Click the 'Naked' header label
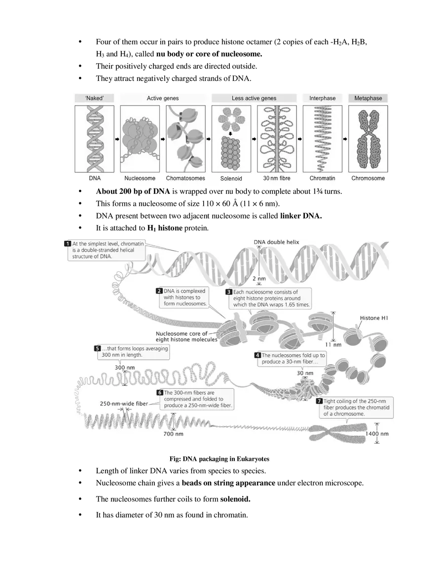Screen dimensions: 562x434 pyautogui.click(x=94, y=98)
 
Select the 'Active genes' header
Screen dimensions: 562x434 pyautogui.click(x=163, y=98)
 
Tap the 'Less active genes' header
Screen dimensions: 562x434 pyautogui.click(x=254, y=98)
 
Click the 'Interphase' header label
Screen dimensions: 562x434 pyautogui.click(x=322, y=98)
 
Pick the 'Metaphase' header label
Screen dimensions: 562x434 pyautogui.click(x=368, y=98)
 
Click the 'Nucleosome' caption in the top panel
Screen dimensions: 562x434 pyautogui.click(x=140, y=178)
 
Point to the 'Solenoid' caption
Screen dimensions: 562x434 pyautogui.click(x=231, y=179)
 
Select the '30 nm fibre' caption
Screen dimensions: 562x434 pyautogui.click(x=277, y=178)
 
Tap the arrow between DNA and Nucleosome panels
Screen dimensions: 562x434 pyautogui.click(x=117, y=139)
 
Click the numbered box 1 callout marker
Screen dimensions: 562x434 pyautogui.click(x=68, y=244)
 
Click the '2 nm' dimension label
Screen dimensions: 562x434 pyautogui.click(x=259, y=279)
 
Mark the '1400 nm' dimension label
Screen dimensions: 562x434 pyautogui.click(x=377, y=434)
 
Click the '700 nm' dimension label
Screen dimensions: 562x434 pyautogui.click(x=173, y=434)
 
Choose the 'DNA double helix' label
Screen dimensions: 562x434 pyautogui.click(x=276, y=242)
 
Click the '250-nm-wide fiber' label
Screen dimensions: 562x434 pyautogui.click(x=124, y=404)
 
